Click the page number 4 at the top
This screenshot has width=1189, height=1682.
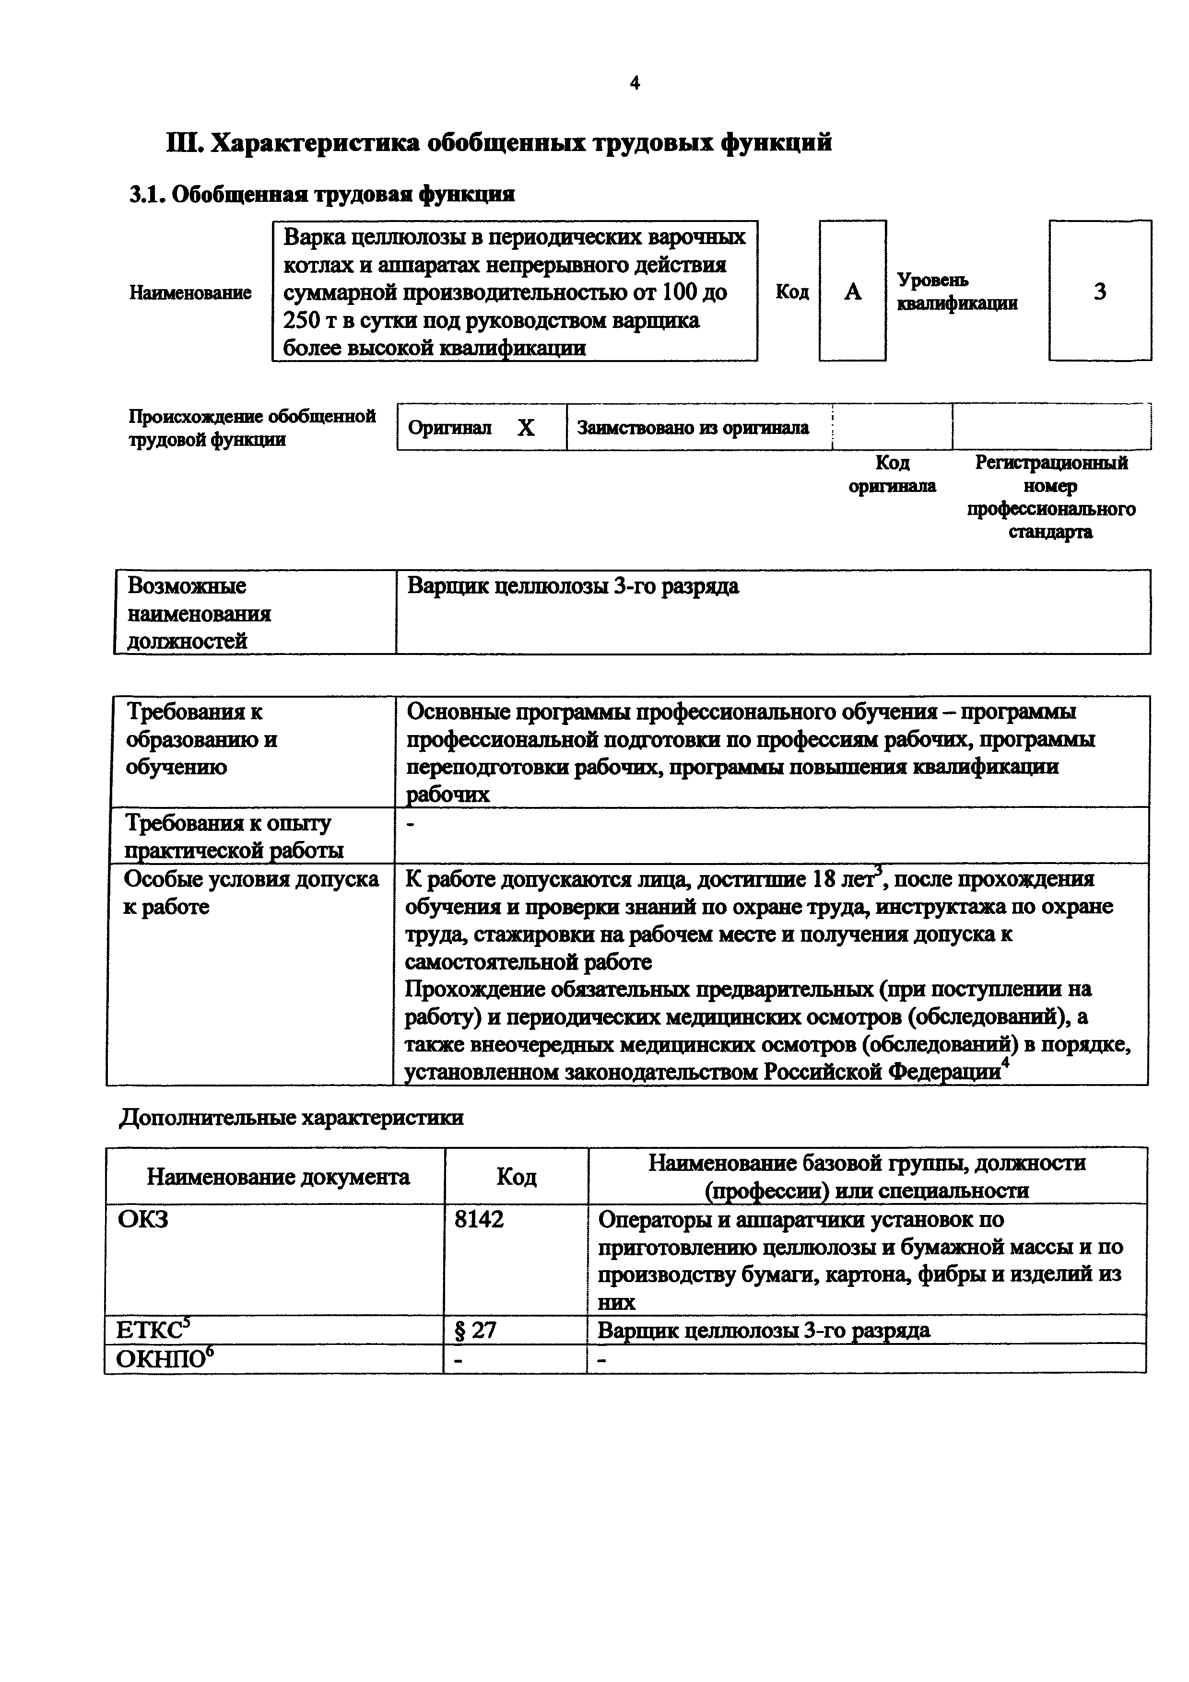[635, 83]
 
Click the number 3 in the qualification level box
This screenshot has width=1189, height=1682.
[1100, 292]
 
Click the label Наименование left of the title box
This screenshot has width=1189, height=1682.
[190, 292]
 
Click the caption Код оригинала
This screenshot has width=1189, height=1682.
[892, 474]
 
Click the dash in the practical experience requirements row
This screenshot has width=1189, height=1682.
[410, 825]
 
